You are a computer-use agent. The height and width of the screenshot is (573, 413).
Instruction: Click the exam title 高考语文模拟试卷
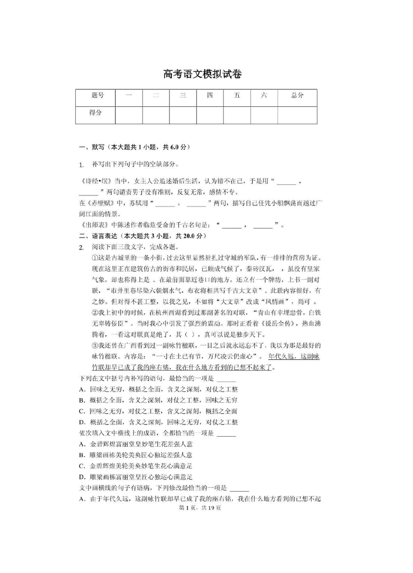[x=202, y=74]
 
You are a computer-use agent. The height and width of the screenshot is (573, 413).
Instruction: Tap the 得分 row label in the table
[x=96, y=112]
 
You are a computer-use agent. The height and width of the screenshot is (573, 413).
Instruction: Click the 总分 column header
[x=297, y=95]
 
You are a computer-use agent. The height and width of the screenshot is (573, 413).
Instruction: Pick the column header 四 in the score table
[x=210, y=95]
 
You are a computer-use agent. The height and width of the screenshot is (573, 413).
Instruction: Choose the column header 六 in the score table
[x=264, y=95]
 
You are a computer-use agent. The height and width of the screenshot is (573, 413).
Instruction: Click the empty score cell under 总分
[x=297, y=115]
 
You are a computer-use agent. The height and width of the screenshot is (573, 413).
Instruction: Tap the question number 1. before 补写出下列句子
[x=81, y=165]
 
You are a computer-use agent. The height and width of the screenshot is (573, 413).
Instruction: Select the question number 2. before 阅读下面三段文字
[x=81, y=247]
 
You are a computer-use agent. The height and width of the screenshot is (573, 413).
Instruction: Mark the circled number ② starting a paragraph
[x=95, y=313]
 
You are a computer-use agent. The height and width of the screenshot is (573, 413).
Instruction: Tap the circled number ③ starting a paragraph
[x=95, y=346]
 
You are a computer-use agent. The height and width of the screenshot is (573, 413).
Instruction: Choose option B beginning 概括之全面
[x=82, y=400]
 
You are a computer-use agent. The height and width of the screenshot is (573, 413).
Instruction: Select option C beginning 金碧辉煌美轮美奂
[x=82, y=466]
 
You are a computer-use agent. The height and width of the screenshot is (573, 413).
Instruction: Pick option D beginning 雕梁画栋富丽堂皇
[x=82, y=477]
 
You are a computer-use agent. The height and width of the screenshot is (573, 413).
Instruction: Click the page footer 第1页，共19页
[x=200, y=507]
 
